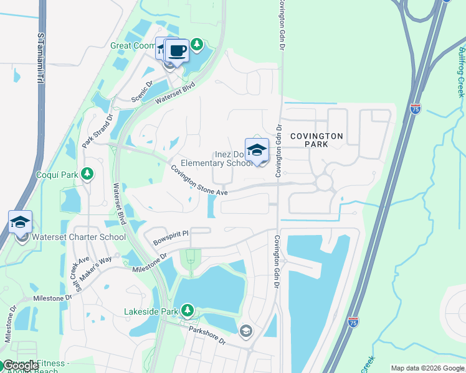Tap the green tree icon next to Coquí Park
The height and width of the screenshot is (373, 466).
88,173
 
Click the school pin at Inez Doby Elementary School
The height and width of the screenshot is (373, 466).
257,150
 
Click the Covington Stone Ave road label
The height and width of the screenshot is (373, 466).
199,181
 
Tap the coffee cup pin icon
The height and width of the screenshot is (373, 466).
177,50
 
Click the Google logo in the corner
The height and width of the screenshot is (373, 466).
20,366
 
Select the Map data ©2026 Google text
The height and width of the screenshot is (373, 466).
427,368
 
